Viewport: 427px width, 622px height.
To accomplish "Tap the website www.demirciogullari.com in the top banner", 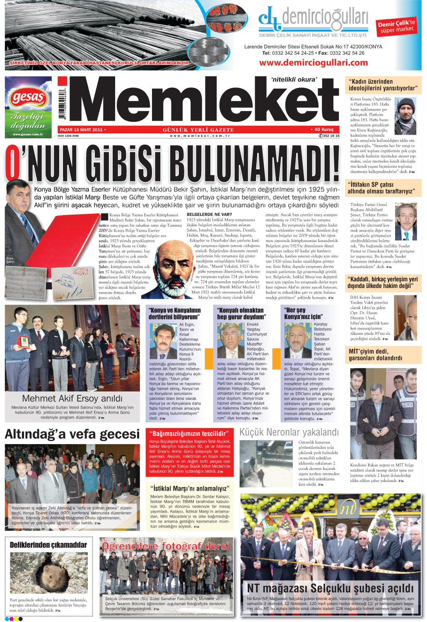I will pyautogui.click(x=313, y=63).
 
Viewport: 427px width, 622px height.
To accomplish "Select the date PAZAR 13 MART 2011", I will pyautogui.click(x=81, y=130).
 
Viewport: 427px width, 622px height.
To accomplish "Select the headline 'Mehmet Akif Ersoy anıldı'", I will pyautogui.click(x=72, y=398).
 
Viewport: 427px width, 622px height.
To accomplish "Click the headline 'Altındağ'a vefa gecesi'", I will pyautogui.click(x=72, y=434).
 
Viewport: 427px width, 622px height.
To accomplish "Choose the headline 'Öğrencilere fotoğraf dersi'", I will pyautogui.click(x=165, y=546).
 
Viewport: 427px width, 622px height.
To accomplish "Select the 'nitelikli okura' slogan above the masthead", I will pyautogui.click(x=294, y=80).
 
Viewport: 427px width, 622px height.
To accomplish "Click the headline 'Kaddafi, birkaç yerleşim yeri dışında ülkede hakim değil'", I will pyautogui.click(x=383, y=283).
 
